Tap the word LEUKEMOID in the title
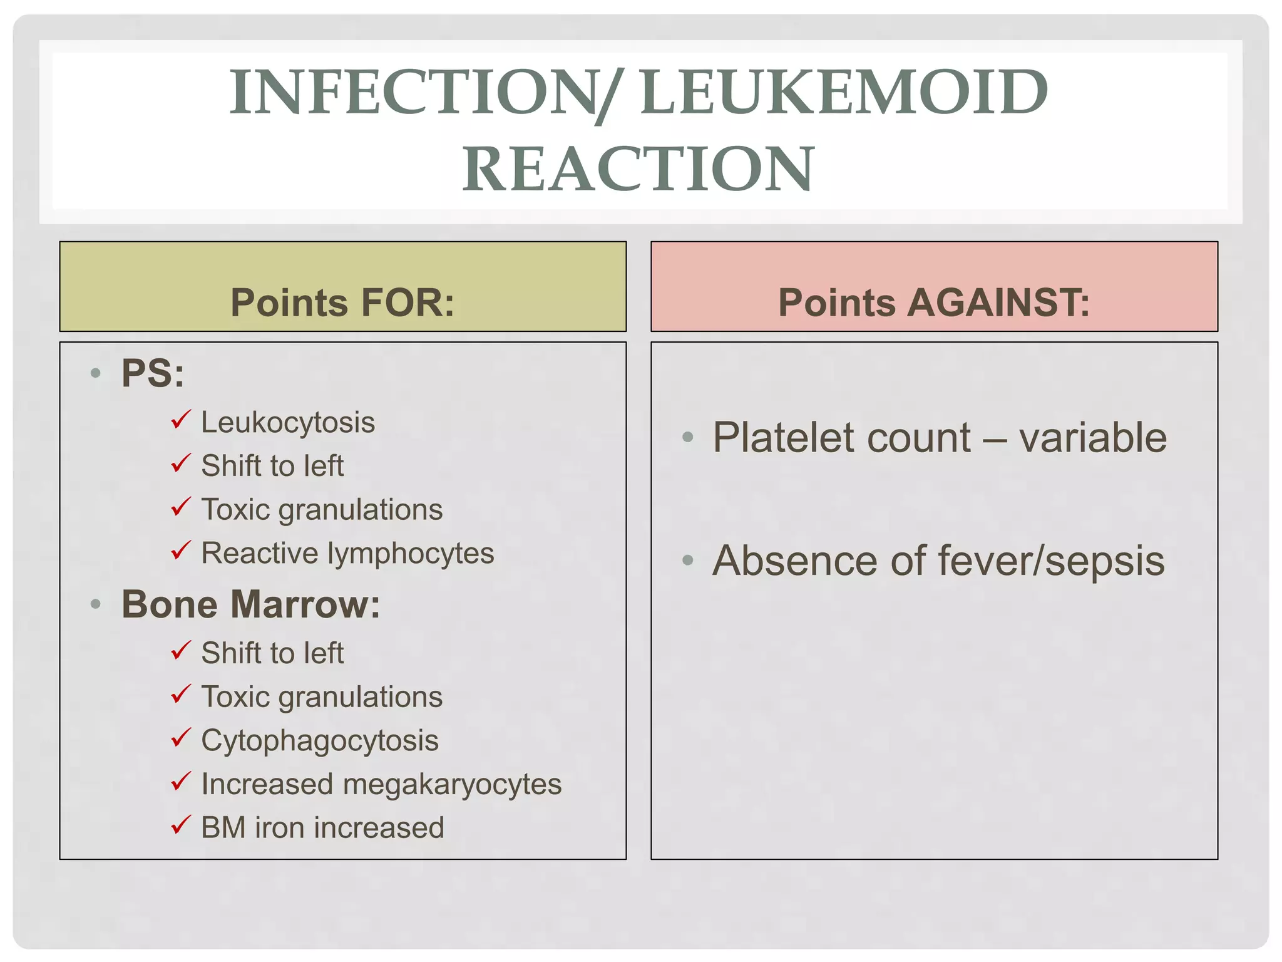tap(844, 93)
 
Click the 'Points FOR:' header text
tap(342, 303)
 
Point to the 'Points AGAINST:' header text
tap(934, 303)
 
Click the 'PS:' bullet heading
tap(153, 373)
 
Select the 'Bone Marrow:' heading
tap(250, 604)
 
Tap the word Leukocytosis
tap(288, 423)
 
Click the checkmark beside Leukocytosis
tap(180, 419)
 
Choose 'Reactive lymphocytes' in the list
tap(347, 554)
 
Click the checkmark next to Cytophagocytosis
tap(180, 737)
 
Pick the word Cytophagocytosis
tap(320, 741)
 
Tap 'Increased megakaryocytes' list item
tap(381, 784)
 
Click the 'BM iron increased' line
tap(322, 828)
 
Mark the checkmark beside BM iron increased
tap(180, 824)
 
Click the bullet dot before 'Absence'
tap(688, 560)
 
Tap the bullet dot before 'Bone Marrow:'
tap(96, 604)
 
